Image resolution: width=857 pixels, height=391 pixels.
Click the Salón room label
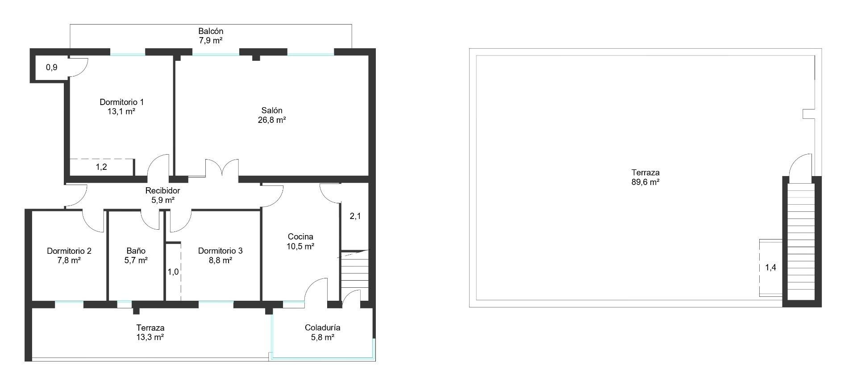(271, 110)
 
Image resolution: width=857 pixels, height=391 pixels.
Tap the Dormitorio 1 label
(121, 102)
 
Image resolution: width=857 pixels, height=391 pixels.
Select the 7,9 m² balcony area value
(211, 41)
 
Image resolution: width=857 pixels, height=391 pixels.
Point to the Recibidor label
(162, 191)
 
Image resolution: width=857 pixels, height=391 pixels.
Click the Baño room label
(136, 251)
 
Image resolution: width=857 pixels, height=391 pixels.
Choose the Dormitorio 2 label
(69, 251)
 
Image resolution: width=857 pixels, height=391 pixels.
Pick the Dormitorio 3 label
(220, 251)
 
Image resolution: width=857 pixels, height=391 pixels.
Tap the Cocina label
(300, 237)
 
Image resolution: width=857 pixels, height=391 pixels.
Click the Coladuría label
(322, 328)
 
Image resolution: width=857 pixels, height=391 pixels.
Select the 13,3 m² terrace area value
(150, 337)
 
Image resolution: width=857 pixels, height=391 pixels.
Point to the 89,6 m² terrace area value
(645, 182)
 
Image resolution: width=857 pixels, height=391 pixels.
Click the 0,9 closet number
(52, 68)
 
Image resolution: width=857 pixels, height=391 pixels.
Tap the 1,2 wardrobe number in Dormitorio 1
(101, 167)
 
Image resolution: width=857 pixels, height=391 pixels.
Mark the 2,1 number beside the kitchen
(355, 216)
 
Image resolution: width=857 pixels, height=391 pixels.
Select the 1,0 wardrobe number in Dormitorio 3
(173, 272)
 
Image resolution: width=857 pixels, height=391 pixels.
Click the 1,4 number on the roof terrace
(770, 268)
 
